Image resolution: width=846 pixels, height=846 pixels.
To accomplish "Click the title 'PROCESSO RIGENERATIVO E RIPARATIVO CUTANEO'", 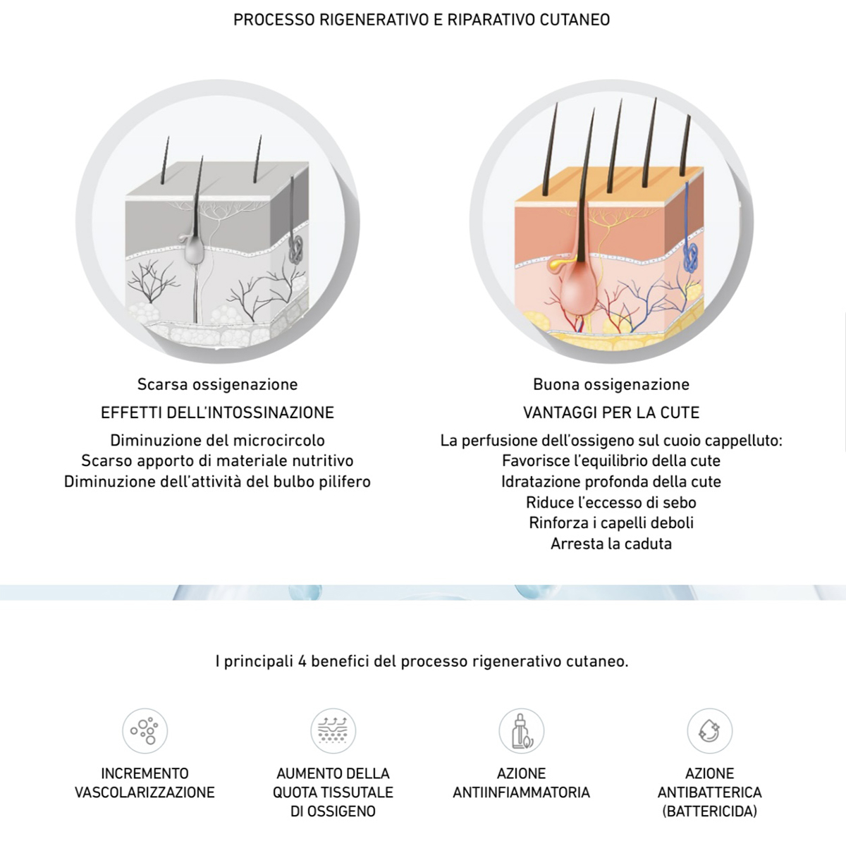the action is coord(422,20).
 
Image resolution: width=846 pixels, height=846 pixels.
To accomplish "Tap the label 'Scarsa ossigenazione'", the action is coord(217,385).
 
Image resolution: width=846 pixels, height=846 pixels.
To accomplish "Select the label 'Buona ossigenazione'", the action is coord(611,385).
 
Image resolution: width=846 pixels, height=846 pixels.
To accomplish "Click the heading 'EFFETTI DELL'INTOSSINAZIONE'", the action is coord(217,412).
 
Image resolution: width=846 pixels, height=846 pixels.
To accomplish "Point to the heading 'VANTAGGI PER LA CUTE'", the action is coord(611,412).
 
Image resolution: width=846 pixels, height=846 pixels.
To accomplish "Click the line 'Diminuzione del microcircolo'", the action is coord(217,441).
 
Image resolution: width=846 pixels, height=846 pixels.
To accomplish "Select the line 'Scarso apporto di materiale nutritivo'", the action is coord(217,461).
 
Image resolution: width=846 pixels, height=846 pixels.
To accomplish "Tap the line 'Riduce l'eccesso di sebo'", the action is coord(611,502).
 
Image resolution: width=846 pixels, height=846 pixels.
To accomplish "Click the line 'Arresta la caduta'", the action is coord(611,544).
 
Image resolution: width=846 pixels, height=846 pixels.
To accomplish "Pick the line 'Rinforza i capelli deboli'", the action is coord(611,523).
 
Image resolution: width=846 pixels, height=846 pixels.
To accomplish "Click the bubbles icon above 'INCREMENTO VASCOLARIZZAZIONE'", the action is coord(145,731).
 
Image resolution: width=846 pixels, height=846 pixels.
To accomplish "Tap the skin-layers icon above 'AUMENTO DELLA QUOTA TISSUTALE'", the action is coord(333,731).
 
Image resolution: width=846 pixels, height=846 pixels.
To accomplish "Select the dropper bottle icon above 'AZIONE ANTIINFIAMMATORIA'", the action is coord(522,731).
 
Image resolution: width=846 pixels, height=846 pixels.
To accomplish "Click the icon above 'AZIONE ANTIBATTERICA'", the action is coord(710,731).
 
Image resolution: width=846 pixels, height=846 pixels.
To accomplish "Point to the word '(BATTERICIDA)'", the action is coord(710,811).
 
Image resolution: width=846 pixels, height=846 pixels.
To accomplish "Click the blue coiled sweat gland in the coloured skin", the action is coord(691,257).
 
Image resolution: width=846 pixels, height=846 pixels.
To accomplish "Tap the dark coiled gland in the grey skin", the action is coord(295,250).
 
